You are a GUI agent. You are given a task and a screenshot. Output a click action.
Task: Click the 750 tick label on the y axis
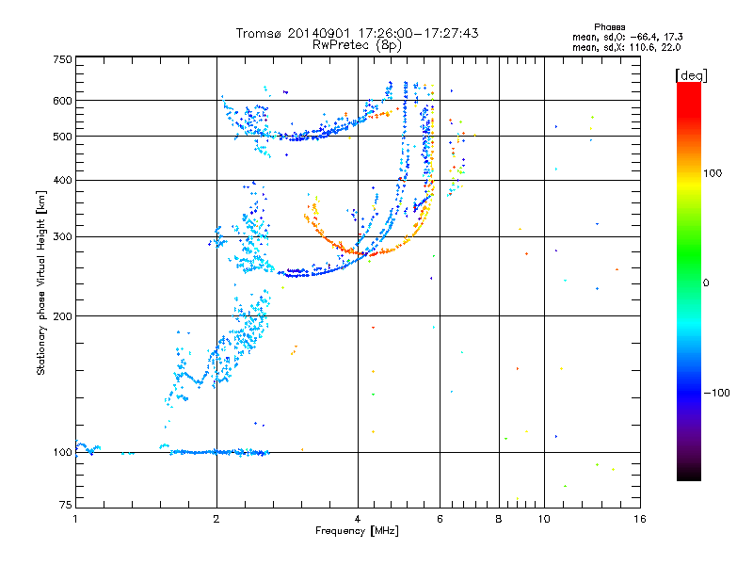(61, 59)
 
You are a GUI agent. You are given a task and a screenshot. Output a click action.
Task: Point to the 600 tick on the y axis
(61, 101)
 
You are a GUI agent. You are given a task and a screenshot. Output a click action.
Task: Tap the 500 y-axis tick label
(61, 137)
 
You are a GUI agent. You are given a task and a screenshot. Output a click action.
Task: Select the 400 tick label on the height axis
(61, 180)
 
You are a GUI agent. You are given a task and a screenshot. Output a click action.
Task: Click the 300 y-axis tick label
(61, 236)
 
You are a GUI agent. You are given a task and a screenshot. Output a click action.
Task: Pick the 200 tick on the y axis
(61, 315)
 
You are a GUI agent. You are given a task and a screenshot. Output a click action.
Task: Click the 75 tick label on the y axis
(64, 508)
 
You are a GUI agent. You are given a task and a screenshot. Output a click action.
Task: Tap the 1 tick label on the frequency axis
(75, 519)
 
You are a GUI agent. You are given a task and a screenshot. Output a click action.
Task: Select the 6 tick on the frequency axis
(440, 519)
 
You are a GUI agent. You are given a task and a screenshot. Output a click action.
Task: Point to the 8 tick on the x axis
(499, 519)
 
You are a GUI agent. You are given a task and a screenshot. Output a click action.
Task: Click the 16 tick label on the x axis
(639, 519)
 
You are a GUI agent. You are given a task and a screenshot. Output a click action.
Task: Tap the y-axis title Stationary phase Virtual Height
(41, 282)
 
